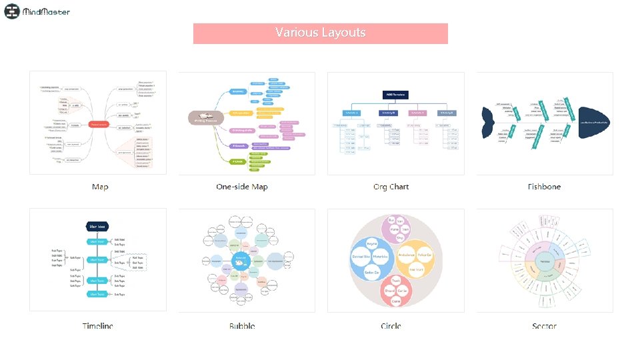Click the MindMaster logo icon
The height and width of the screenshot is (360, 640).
[12, 11]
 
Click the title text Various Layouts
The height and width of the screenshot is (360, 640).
[320, 33]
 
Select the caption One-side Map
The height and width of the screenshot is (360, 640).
[242, 187]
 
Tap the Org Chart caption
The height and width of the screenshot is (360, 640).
[391, 187]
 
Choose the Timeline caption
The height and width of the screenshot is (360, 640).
[97, 326]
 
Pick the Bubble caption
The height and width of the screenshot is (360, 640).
[242, 326]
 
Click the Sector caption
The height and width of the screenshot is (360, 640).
[544, 326]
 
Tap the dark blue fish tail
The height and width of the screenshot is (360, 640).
[488, 123]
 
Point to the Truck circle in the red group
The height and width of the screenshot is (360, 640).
[395, 281]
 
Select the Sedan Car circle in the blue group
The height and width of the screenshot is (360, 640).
[373, 272]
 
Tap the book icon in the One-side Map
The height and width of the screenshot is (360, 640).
[199, 117]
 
